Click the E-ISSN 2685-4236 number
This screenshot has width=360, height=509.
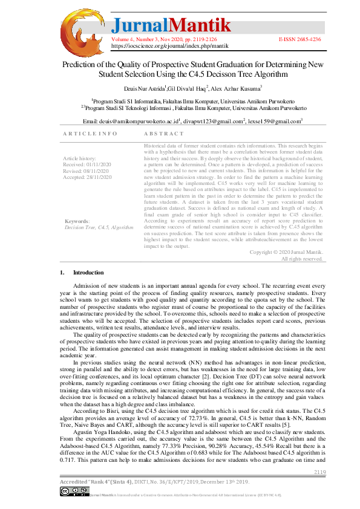click(300, 39)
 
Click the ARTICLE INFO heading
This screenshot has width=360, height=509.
click(90, 134)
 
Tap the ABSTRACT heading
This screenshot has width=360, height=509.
click(164, 134)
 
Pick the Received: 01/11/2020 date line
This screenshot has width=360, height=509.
click(88, 164)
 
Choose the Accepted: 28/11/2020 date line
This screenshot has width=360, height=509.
click(88, 177)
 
